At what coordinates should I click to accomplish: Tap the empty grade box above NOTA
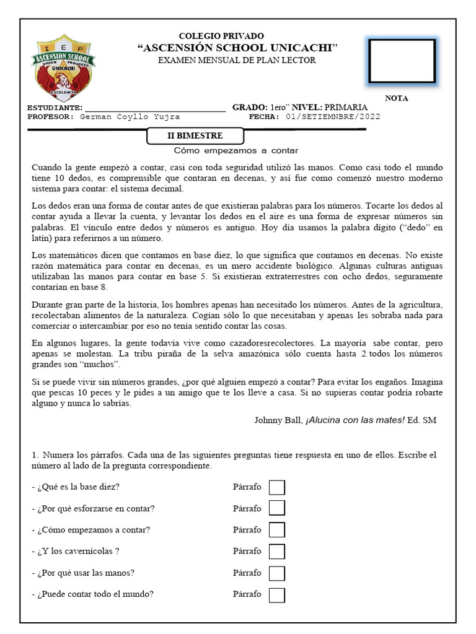coord(402,61)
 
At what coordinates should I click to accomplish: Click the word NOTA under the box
coord(397,98)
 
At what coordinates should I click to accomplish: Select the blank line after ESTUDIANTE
coord(155,108)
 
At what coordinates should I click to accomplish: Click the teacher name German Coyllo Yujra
coord(130,116)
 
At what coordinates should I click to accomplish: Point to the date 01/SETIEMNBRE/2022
coord(333,116)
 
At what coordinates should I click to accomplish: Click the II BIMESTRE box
coord(195,136)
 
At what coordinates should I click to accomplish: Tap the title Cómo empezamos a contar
coord(236,150)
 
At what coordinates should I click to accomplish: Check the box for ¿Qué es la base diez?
coord(277,487)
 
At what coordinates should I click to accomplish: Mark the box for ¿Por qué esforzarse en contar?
coord(277,508)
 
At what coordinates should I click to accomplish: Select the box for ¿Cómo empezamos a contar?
coord(277,530)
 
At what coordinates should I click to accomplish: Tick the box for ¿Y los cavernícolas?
coord(277,552)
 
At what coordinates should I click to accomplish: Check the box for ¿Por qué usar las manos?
coord(277,573)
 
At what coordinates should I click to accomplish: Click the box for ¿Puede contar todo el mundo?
coord(277,595)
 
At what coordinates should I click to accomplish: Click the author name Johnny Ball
coord(278,420)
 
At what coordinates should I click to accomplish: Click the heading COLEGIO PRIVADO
coord(221,37)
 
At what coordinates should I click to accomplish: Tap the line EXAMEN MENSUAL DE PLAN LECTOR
coord(237,60)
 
